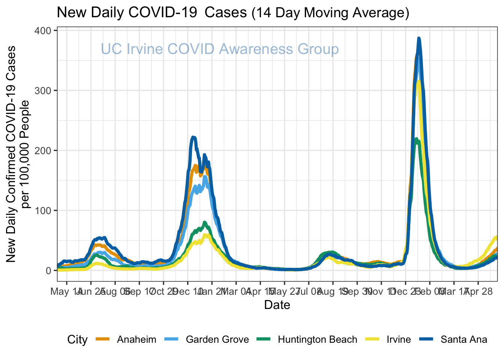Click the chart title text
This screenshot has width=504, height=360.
(232, 13)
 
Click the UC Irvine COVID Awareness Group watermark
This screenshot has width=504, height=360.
(220, 49)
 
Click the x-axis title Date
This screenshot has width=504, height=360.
(277, 305)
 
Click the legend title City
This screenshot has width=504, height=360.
(77, 339)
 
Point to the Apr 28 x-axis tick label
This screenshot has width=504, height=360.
(478, 291)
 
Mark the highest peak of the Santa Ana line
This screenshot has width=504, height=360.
(419, 38)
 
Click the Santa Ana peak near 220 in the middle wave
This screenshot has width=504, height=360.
(193, 137)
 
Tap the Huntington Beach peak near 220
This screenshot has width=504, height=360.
(416, 139)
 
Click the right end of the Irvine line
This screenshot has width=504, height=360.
(496, 237)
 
